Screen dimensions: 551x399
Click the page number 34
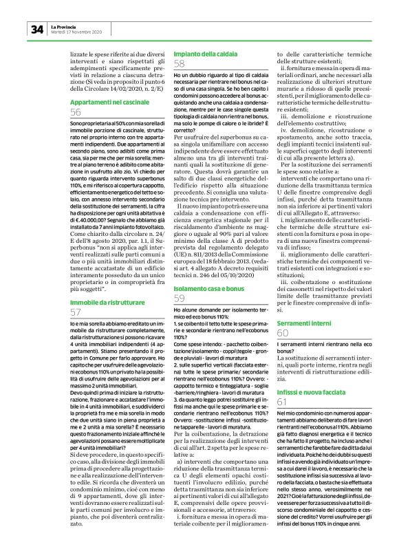(x=36, y=29)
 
